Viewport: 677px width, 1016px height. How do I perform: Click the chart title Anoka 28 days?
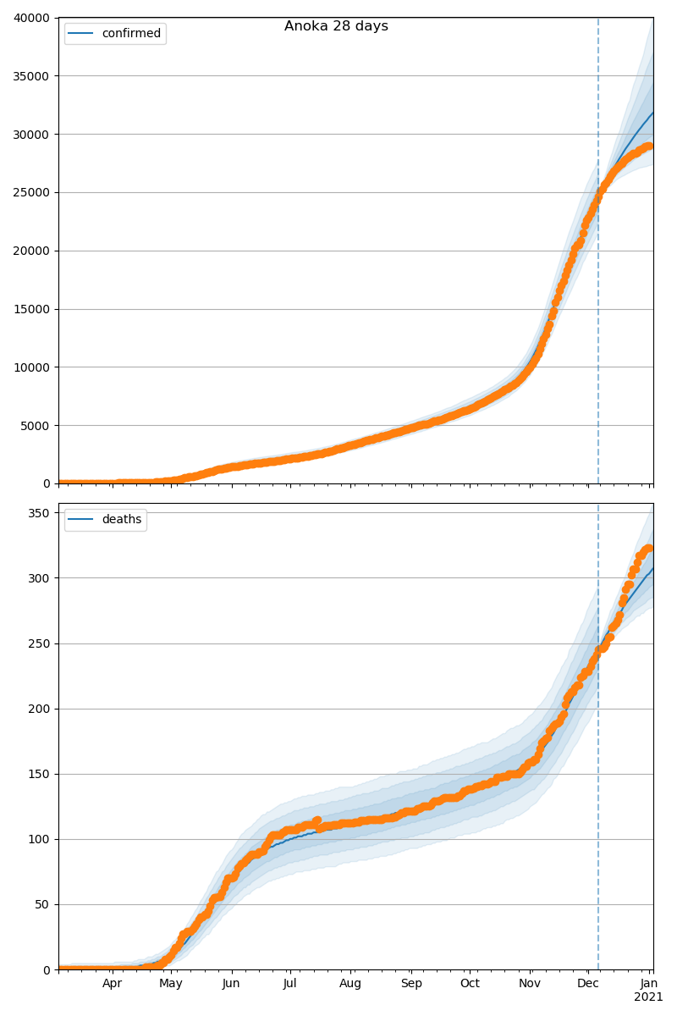coord(336,26)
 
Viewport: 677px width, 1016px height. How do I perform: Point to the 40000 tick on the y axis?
coord(33,18)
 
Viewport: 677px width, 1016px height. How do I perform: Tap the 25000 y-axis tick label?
coord(33,192)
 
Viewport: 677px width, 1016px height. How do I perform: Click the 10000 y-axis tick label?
coord(33,367)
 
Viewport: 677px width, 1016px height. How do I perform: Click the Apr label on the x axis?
coord(113,984)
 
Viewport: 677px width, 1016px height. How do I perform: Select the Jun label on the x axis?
coord(231,984)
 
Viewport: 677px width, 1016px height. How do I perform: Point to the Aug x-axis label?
coord(350,984)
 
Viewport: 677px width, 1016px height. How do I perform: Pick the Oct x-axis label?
coord(470,984)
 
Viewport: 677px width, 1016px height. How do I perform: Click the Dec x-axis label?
coord(588,984)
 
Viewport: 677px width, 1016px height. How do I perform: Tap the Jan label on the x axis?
coord(649,984)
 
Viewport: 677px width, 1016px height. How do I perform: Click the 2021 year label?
coord(649,997)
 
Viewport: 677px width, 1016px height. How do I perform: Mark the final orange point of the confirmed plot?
coord(649,146)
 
